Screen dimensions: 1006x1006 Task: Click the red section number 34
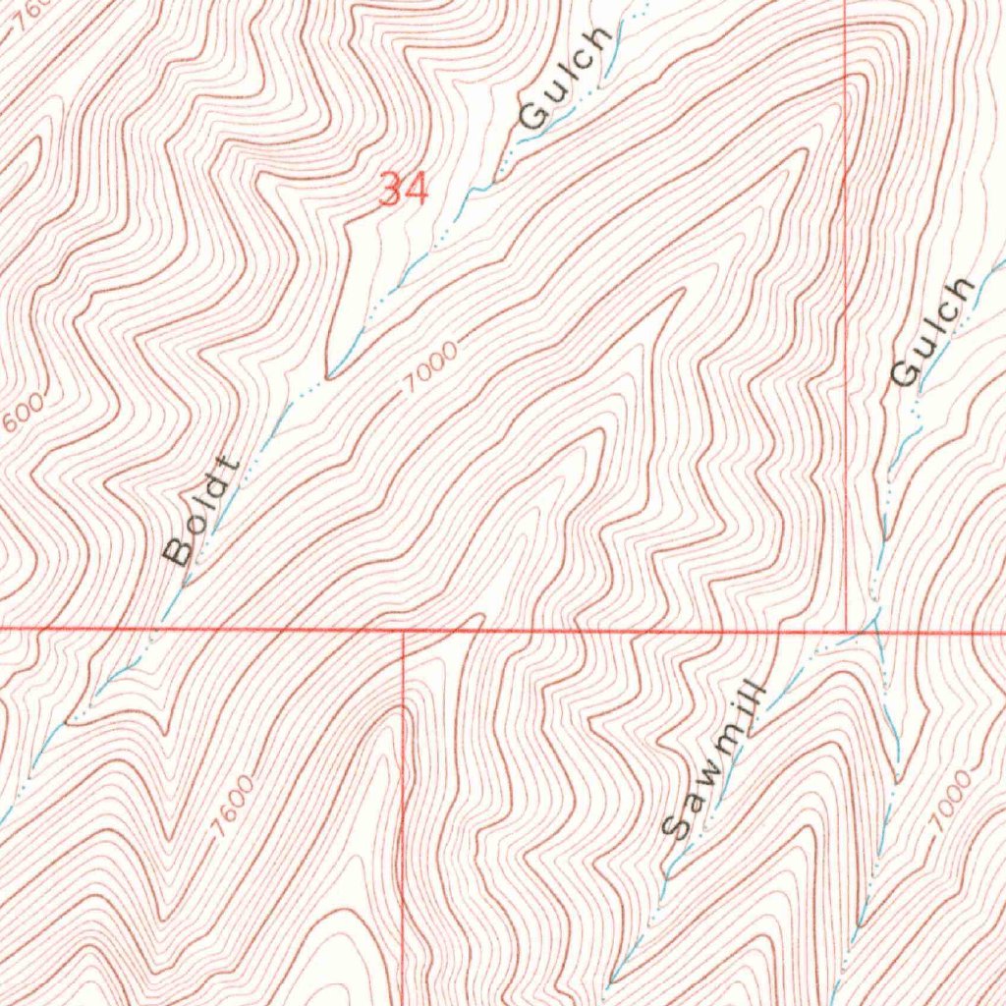404,189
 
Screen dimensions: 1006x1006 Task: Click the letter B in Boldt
180,552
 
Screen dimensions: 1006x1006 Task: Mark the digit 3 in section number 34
391,189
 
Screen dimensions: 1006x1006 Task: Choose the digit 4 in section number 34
417,189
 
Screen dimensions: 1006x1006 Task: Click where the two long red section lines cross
847,630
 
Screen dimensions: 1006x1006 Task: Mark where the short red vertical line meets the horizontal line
404,632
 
